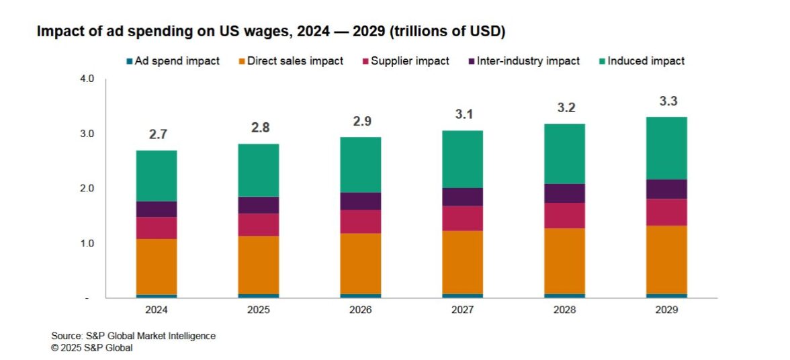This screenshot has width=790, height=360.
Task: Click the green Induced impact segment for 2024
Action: click(x=157, y=176)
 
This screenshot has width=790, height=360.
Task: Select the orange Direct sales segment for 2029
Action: click(x=666, y=259)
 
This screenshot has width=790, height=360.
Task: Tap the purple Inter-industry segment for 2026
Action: click(x=361, y=201)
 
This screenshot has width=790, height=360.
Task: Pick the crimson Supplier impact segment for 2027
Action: click(x=462, y=218)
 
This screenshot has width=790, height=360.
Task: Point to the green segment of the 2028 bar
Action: click(x=564, y=154)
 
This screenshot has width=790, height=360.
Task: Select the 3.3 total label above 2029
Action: click(x=666, y=102)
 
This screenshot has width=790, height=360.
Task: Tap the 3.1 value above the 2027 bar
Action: click(x=462, y=116)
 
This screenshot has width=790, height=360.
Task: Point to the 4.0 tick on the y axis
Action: click(x=88, y=79)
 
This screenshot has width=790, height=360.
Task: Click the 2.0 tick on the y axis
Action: click(x=88, y=189)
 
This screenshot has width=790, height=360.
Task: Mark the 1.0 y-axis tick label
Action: click(x=88, y=243)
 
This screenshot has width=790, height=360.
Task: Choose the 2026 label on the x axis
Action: click(x=361, y=310)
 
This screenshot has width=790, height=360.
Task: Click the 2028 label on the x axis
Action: click(x=564, y=310)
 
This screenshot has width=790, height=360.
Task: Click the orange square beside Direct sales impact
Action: click(x=242, y=62)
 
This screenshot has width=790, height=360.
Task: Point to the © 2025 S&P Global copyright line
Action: click(x=92, y=347)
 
